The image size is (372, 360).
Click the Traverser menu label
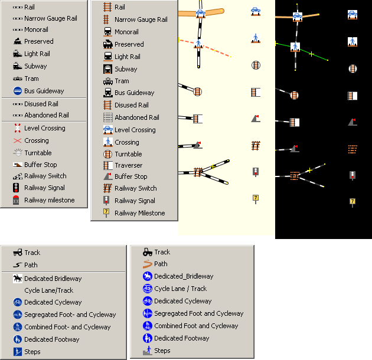tap(129, 165)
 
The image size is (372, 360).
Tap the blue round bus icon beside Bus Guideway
tap(18, 91)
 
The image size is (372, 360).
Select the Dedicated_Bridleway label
tap(184, 276)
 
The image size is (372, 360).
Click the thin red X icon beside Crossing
tap(17, 140)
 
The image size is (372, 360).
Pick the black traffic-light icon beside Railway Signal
tap(16, 188)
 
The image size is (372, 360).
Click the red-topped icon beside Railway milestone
tap(16, 200)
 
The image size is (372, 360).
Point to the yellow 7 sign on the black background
tap(353, 202)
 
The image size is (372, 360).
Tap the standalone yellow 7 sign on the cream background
tap(256, 198)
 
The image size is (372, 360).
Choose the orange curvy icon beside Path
tap(148, 264)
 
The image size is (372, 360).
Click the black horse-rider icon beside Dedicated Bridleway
tap(18, 279)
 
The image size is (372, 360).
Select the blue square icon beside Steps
tap(18, 352)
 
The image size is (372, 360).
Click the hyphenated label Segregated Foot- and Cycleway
tap(70, 315)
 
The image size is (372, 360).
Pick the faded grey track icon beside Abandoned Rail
tap(107, 117)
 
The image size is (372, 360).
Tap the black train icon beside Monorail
tap(107, 32)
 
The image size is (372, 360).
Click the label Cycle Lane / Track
tap(180, 289)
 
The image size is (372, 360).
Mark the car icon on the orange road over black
tap(298, 17)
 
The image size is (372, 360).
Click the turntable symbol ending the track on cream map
tap(197, 92)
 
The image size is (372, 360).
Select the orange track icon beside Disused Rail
tap(107, 105)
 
